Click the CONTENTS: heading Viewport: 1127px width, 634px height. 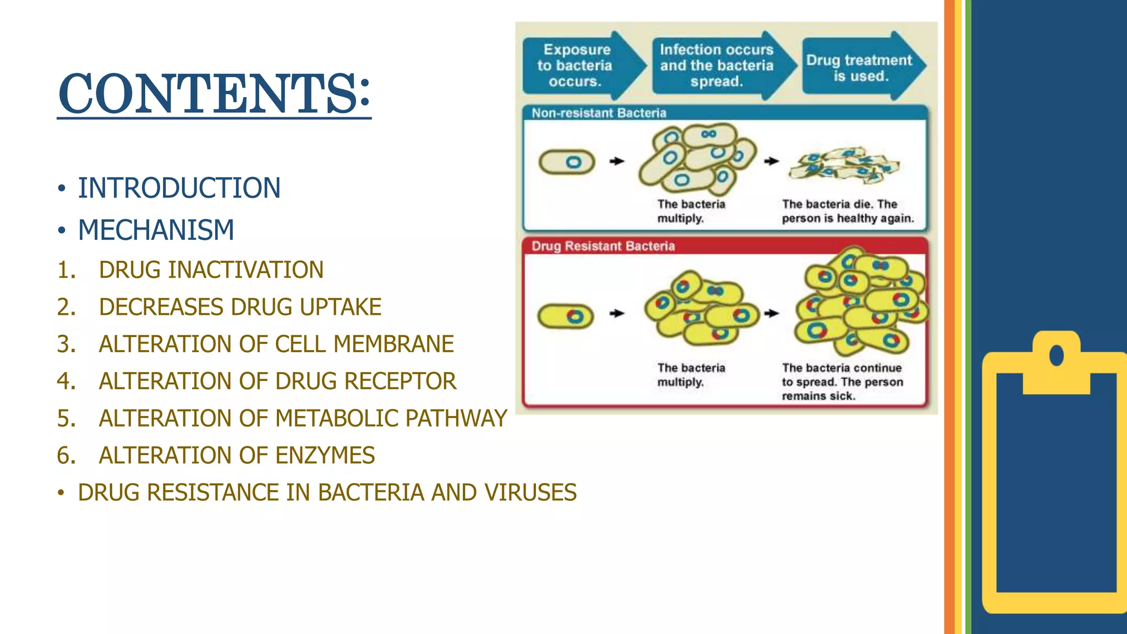click(x=214, y=93)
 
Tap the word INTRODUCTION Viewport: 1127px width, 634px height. click(x=179, y=188)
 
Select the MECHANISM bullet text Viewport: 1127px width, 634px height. click(x=156, y=230)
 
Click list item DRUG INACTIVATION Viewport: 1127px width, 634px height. click(x=211, y=270)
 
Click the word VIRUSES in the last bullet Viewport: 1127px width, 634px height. click(x=530, y=493)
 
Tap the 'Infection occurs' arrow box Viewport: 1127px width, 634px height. click(x=716, y=65)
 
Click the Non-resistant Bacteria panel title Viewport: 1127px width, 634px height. click(x=599, y=113)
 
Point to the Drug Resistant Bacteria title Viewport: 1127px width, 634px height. click(x=603, y=246)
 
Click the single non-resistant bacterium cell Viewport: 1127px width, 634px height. click(x=567, y=162)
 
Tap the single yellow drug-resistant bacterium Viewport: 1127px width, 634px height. click(x=566, y=316)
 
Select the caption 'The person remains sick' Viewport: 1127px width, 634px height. click(x=842, y=382)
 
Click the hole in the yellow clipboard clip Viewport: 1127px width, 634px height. click(x=1056, y=355)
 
